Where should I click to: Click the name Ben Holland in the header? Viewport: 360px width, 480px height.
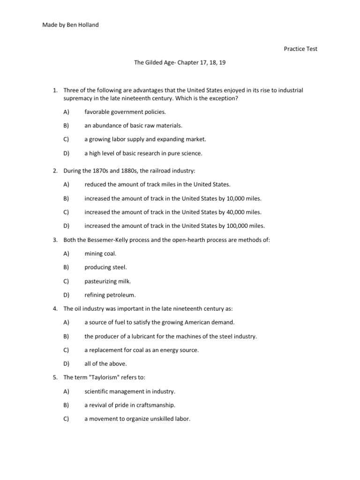click(x=83, y=24)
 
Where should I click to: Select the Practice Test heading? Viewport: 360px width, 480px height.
click(x=300, y=49)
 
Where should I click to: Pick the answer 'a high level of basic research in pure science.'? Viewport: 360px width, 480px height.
click(x=144, y=153)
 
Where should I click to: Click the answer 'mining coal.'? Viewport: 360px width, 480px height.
click(x=100, y=254)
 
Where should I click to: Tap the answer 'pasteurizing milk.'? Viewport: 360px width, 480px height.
click(x=108, y=281)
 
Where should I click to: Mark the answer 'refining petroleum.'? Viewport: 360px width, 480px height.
click(x=109, y=295)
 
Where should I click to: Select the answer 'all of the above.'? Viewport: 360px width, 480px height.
click(x=105, y=363)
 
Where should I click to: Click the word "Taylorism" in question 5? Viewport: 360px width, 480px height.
click(x=103, y=377)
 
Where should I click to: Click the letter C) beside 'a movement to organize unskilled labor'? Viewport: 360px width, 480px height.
click(x=66, y=419)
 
